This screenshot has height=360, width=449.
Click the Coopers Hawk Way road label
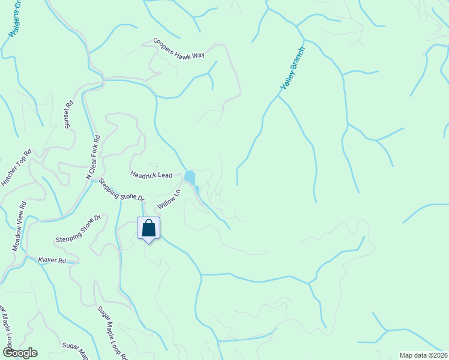pos(179,48)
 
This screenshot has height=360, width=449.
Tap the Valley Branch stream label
pos(293,69)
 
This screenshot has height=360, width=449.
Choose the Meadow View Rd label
pos(20,226)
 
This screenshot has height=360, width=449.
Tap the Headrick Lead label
pos(151,175)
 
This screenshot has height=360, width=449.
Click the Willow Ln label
pos(169,199)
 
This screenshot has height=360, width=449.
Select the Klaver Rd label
pos(51,260)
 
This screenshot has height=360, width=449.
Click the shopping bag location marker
pos(148,229)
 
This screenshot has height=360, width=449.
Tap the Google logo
pos(19,353)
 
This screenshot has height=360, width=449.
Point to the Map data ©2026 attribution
pos(424,355)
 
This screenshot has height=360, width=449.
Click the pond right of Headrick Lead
pos(190,177)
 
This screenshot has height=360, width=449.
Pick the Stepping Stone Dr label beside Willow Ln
pos(122,189)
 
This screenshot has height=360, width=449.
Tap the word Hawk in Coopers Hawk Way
pos(184,50)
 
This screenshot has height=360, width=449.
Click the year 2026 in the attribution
pos(439,355)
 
